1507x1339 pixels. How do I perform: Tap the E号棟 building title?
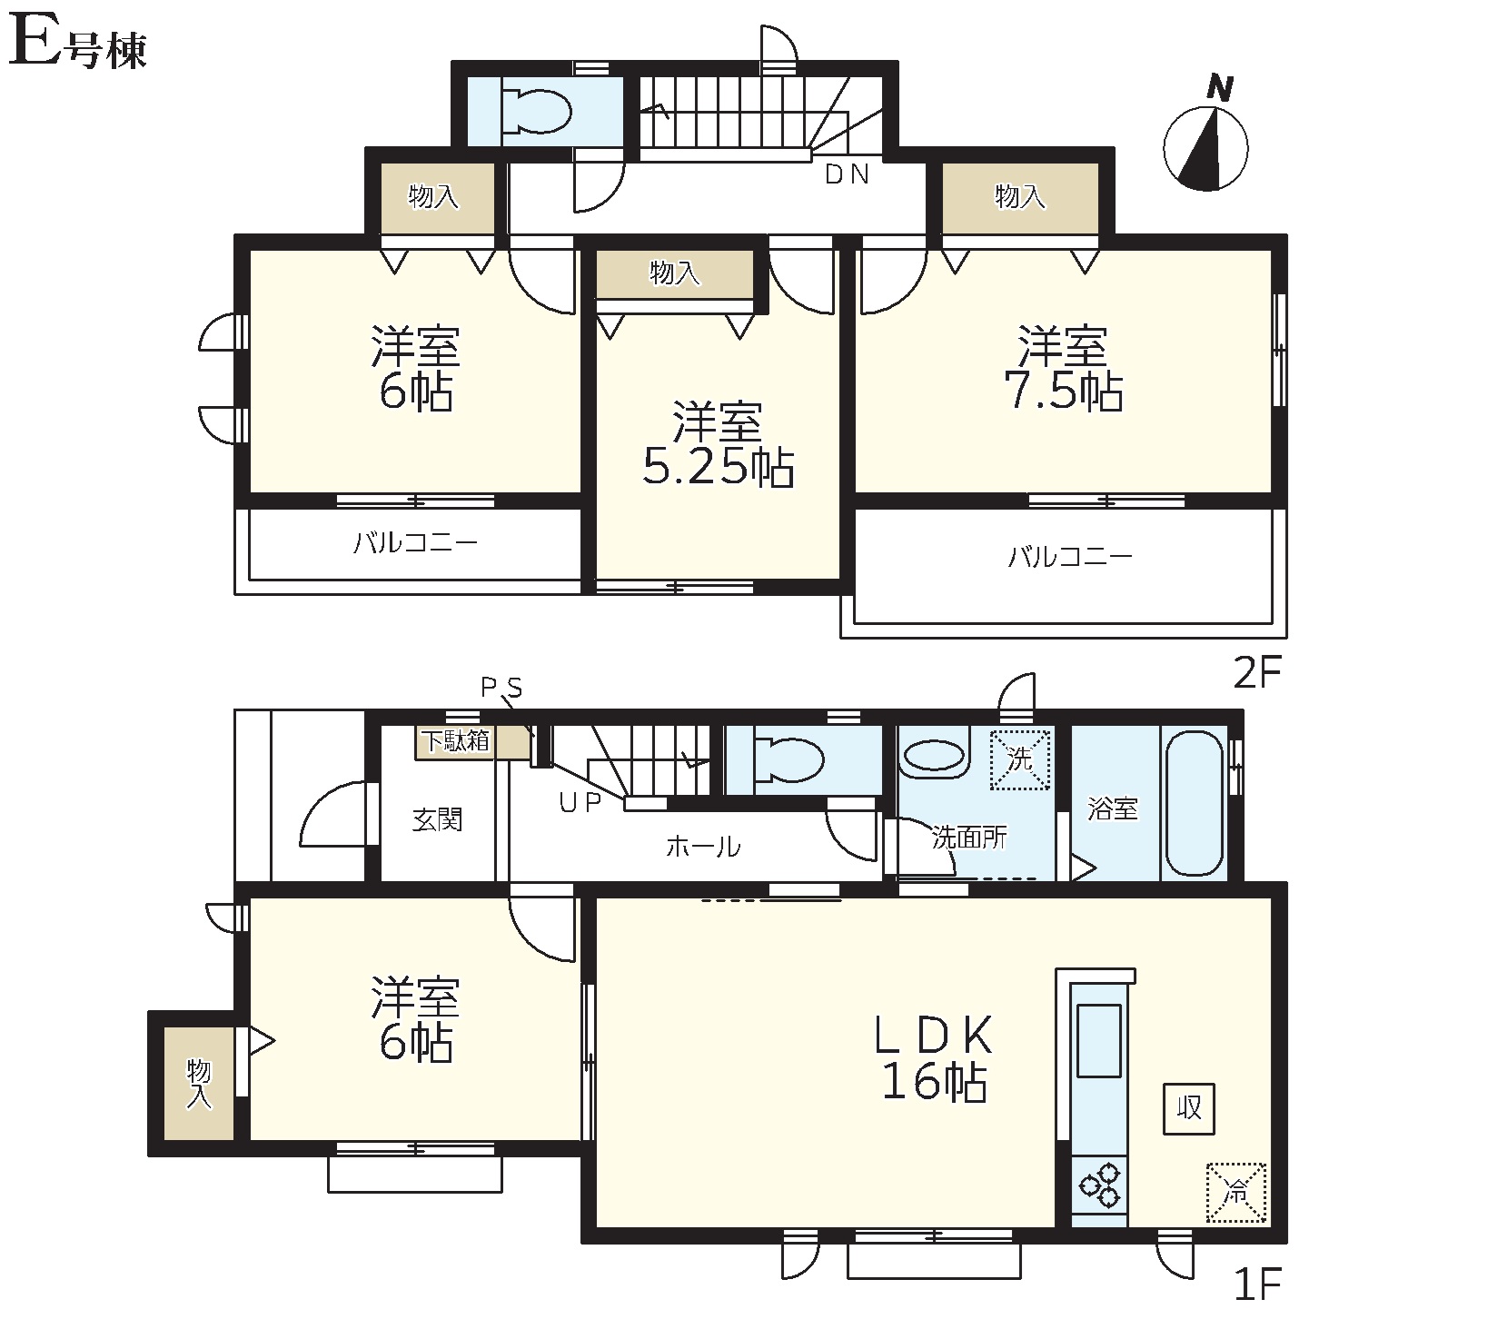pos(77,45)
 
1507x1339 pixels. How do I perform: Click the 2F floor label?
pos(1256,673)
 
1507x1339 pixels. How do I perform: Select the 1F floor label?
pos(1257,1284)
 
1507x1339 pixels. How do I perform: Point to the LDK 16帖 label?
pos(935,1058)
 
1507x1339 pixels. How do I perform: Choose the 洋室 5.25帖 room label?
pos(718,444)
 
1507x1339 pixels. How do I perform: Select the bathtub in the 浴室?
pos(1195,803)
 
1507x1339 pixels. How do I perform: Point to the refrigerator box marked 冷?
pos(1235,1193)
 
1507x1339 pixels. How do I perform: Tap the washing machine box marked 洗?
pos(1020,759)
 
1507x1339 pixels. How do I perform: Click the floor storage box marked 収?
pos(1189,1108)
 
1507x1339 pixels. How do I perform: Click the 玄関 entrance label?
pos(438,820)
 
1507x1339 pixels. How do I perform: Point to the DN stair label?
pos(847,174)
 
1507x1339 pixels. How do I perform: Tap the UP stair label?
pos(580,803)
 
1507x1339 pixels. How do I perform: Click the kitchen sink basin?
pos(1098,1040)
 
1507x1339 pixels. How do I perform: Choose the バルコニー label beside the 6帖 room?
pos(415,543)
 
